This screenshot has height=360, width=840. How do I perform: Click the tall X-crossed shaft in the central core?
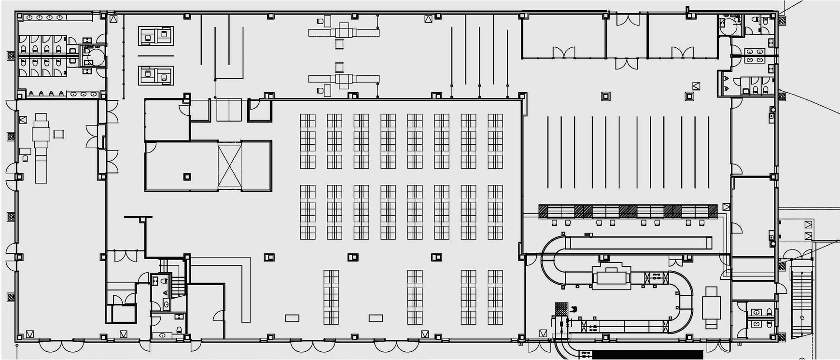click(229, 166)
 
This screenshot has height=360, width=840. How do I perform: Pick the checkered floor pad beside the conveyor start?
click(561, 308)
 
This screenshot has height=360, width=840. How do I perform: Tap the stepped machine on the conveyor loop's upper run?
click(611, 277)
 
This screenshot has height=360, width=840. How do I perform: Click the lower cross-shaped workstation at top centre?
click(343, 79)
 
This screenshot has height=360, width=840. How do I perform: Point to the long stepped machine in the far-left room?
click(41, 147)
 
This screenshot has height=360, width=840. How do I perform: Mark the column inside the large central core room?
click(186, 177)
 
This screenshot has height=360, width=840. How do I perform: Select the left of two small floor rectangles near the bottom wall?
click(292, 318)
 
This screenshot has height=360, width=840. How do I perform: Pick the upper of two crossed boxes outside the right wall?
click(809, 224)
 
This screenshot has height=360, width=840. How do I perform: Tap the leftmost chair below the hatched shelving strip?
click(554, 222)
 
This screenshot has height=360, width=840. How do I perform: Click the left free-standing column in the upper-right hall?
click(605, 96)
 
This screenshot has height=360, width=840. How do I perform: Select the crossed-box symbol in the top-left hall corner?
click(113, 19)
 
